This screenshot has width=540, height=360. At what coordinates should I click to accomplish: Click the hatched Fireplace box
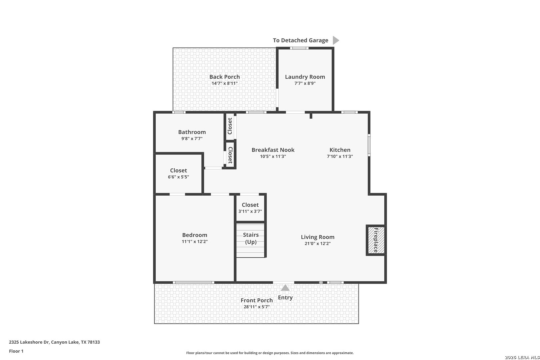376,240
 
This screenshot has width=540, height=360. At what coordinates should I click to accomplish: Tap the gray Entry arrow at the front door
285,288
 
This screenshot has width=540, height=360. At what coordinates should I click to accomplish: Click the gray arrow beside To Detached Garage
336,40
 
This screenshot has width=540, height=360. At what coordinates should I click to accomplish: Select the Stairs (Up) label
251,238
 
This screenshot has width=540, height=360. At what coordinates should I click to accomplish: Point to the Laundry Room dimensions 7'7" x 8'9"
305,83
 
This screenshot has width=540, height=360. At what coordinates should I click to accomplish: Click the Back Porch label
224,77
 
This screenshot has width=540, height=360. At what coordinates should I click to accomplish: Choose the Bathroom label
192,132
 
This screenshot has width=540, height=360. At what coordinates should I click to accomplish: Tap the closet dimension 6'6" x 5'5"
178,177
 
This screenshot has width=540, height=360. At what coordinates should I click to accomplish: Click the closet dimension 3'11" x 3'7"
250,211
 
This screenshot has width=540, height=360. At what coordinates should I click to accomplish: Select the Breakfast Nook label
273,150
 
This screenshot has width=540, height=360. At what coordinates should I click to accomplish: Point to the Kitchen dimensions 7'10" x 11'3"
340,156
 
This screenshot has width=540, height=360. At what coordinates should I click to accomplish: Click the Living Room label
317,237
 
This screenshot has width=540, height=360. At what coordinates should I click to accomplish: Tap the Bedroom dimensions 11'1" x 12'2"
195,241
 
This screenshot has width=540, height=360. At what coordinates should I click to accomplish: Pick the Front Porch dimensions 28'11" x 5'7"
257,307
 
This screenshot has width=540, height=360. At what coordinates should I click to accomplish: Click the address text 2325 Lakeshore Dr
29,342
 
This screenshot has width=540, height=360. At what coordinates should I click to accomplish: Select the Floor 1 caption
16,351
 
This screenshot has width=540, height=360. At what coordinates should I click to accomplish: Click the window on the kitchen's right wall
369,145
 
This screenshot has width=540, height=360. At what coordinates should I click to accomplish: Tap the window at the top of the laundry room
299,48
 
